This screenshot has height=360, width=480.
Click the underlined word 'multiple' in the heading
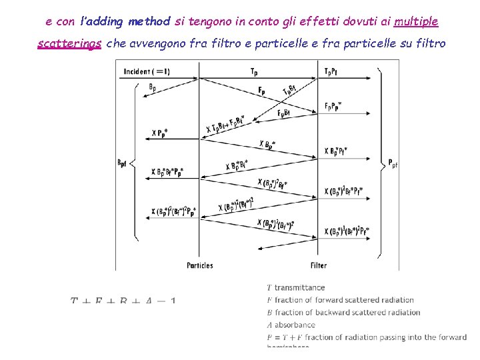coord(416,21)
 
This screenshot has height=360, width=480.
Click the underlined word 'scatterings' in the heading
coord(69,44)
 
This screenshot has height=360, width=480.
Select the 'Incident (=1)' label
coord(145,71)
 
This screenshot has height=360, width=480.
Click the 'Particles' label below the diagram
coord(200,265)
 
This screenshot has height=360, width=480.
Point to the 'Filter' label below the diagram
coord(319,265)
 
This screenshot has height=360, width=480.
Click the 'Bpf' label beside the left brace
coord(122,163)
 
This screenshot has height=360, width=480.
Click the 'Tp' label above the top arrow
coord(255,71)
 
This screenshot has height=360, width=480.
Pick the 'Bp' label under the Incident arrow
coord(153,87)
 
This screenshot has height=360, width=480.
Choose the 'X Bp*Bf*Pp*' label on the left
coord(167,173)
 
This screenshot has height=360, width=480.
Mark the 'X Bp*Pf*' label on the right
coord(345,151)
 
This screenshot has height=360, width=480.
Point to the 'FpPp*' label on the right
coord(333,107)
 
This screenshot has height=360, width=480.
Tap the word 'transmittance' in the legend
coord(299,288)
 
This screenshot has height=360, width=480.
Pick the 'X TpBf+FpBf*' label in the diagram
coord(225,124)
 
